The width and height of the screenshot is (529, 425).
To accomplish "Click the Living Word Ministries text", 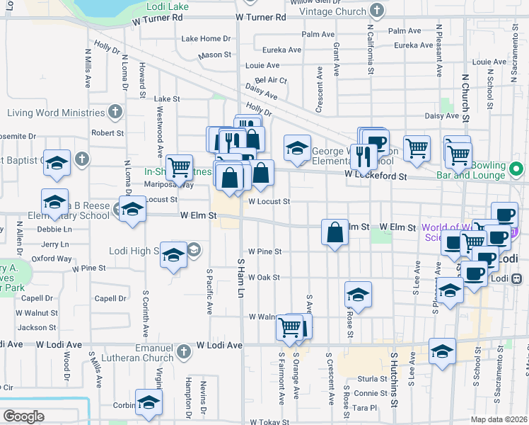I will point(56,113).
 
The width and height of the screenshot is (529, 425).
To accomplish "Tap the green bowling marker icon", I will point(516,169).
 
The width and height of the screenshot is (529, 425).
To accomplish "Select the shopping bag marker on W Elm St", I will point(334,232).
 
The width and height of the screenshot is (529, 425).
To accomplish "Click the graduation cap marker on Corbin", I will point(149,402).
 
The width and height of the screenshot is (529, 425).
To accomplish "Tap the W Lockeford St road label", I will point(376,175).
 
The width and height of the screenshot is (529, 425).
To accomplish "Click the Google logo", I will point(23,416).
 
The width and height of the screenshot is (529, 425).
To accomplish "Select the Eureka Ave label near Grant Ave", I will point(283,50).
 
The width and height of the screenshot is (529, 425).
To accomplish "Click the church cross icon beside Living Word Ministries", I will point(115,113).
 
